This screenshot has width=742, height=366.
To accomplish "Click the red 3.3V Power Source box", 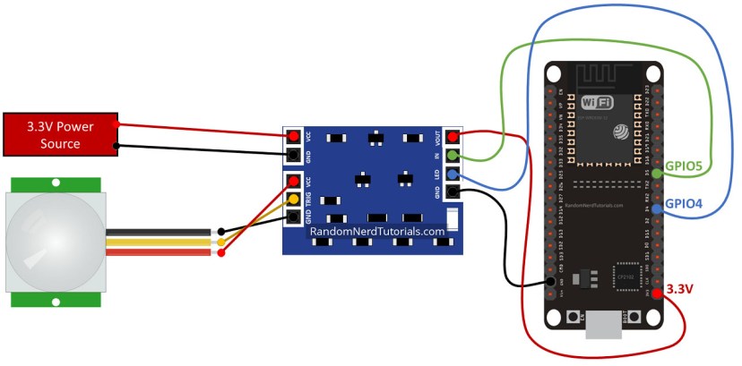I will (60, 133).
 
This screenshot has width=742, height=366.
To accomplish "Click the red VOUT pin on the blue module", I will (453, 137).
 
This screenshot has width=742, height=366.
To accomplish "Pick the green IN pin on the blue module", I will (453, 156).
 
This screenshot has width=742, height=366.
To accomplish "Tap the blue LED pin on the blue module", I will (453, 174).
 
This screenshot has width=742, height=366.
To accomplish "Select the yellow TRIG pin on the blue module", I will (293, 199).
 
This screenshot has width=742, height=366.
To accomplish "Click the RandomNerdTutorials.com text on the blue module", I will (376, 231).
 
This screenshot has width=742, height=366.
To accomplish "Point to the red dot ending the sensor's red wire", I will (220, 252).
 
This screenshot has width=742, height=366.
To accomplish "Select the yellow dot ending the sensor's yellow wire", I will (220, 242).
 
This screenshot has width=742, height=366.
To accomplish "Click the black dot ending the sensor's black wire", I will (220, 231).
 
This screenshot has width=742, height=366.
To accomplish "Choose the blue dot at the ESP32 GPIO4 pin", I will (659, 209).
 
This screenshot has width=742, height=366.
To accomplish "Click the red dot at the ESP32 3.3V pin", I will (659, 293).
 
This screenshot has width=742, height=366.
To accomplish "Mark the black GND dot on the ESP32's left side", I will (550, 284).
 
